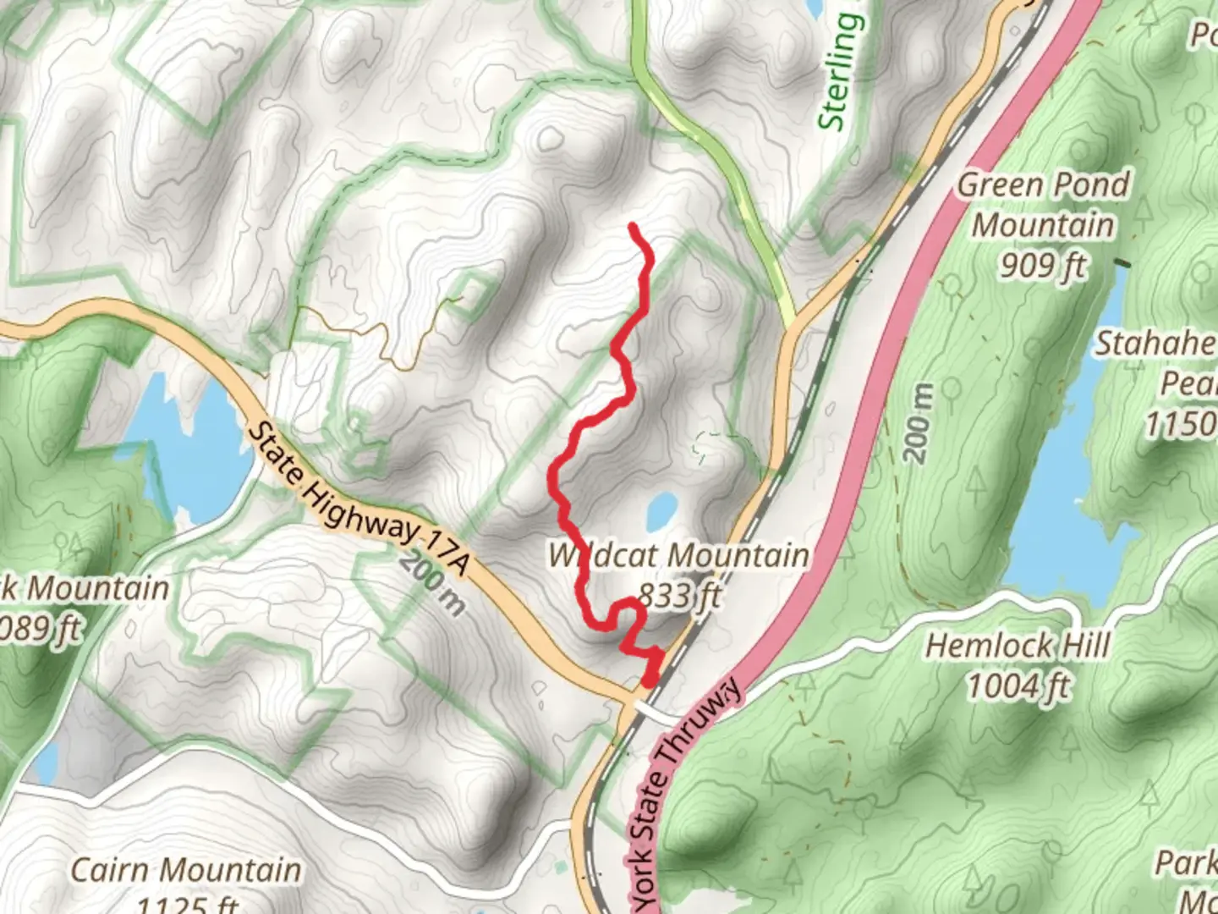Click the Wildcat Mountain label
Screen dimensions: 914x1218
click(x=678, y=556)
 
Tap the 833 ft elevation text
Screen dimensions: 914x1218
click(x=679, y=596)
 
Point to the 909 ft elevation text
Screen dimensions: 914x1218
click(x=1043, y=266)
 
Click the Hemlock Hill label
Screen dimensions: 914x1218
click(x=1017, y=647)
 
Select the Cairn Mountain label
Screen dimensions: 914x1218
click(x=185, y=870)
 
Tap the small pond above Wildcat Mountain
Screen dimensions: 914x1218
click(x=661, y=510)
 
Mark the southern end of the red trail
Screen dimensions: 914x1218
click(x=649, y=681)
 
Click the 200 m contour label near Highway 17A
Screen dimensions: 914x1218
click(x=431, y=582)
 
